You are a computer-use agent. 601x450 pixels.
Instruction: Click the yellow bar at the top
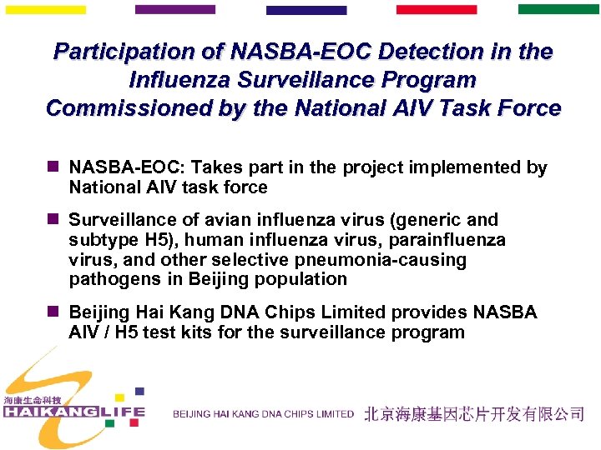[x=45, y=10]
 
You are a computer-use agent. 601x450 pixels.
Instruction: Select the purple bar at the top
[x=174, y=10]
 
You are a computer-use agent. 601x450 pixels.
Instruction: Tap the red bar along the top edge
[x=436, y=10]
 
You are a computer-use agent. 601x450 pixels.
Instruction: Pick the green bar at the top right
[x=558, y=10]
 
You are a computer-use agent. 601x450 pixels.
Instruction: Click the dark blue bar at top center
[x=306, y=11]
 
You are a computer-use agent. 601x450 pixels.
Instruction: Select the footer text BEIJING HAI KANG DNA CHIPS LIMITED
[x=263, y=414]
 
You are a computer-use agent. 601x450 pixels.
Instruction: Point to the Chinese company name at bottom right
[x=473, y=414]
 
